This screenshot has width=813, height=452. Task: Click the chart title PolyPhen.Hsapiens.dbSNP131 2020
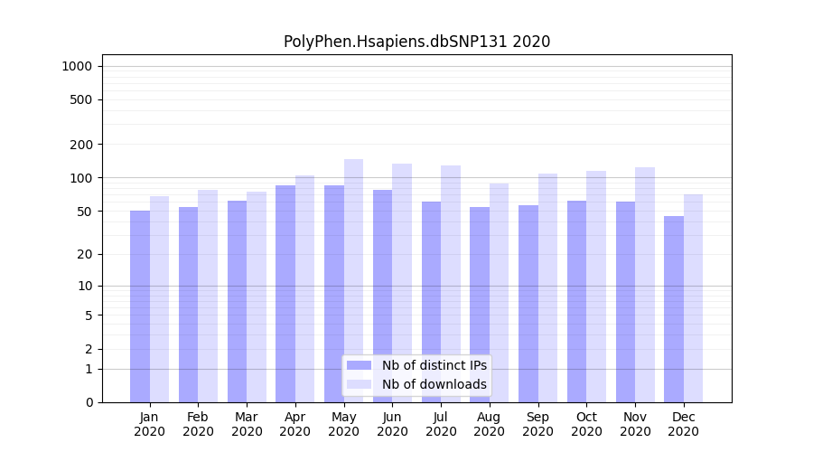point(416,42)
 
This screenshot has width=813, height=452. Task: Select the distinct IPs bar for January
point(140,306)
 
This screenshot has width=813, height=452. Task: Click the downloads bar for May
point(353,280)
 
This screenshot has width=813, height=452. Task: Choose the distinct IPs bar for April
point(285,294)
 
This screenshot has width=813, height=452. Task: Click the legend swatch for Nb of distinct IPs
point(360,365)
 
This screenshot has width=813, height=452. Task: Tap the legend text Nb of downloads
point(434,384)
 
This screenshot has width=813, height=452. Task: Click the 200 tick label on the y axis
point(81,145)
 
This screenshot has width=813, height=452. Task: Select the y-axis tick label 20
point(84,254)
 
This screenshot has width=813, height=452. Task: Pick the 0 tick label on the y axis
point(89,402)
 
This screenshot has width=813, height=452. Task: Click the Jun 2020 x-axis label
point(392,424)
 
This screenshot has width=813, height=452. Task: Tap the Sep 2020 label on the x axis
point(537,424)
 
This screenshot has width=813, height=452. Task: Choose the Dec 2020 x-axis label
point(683,424)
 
